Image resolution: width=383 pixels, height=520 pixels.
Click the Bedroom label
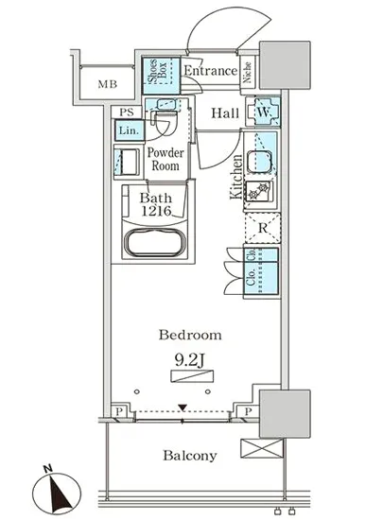[x=190, y=335]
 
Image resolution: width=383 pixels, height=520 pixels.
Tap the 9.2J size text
[x=190, y=360]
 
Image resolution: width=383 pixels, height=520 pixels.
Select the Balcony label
[x=190, y=456]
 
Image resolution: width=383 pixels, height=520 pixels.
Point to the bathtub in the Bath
[x=155, y=242]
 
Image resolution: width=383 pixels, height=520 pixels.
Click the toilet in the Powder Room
[x=165, y=122]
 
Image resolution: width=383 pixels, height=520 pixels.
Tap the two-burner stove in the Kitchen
[x=259, y=191]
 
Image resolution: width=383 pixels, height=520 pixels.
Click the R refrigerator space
[x=263, y=228]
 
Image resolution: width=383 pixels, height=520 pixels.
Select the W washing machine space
[x=263, y=112]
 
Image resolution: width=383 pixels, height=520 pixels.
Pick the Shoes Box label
[x=158, y=73]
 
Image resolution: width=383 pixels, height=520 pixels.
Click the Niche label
[x=247, y=72]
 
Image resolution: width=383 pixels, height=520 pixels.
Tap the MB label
[x=108, y=84]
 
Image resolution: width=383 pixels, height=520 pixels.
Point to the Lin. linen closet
[x=130, y=130]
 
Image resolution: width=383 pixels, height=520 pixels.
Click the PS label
[x=127, y=113]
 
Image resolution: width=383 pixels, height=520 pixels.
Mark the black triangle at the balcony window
[x=183, y=407]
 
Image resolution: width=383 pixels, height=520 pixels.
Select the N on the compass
[x=48, y=469]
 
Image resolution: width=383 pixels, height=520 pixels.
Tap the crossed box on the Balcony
[x=262, y=448]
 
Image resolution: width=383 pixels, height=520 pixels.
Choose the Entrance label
[x=211, y=71]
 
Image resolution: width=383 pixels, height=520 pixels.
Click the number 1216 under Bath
[x=156, y=211]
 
